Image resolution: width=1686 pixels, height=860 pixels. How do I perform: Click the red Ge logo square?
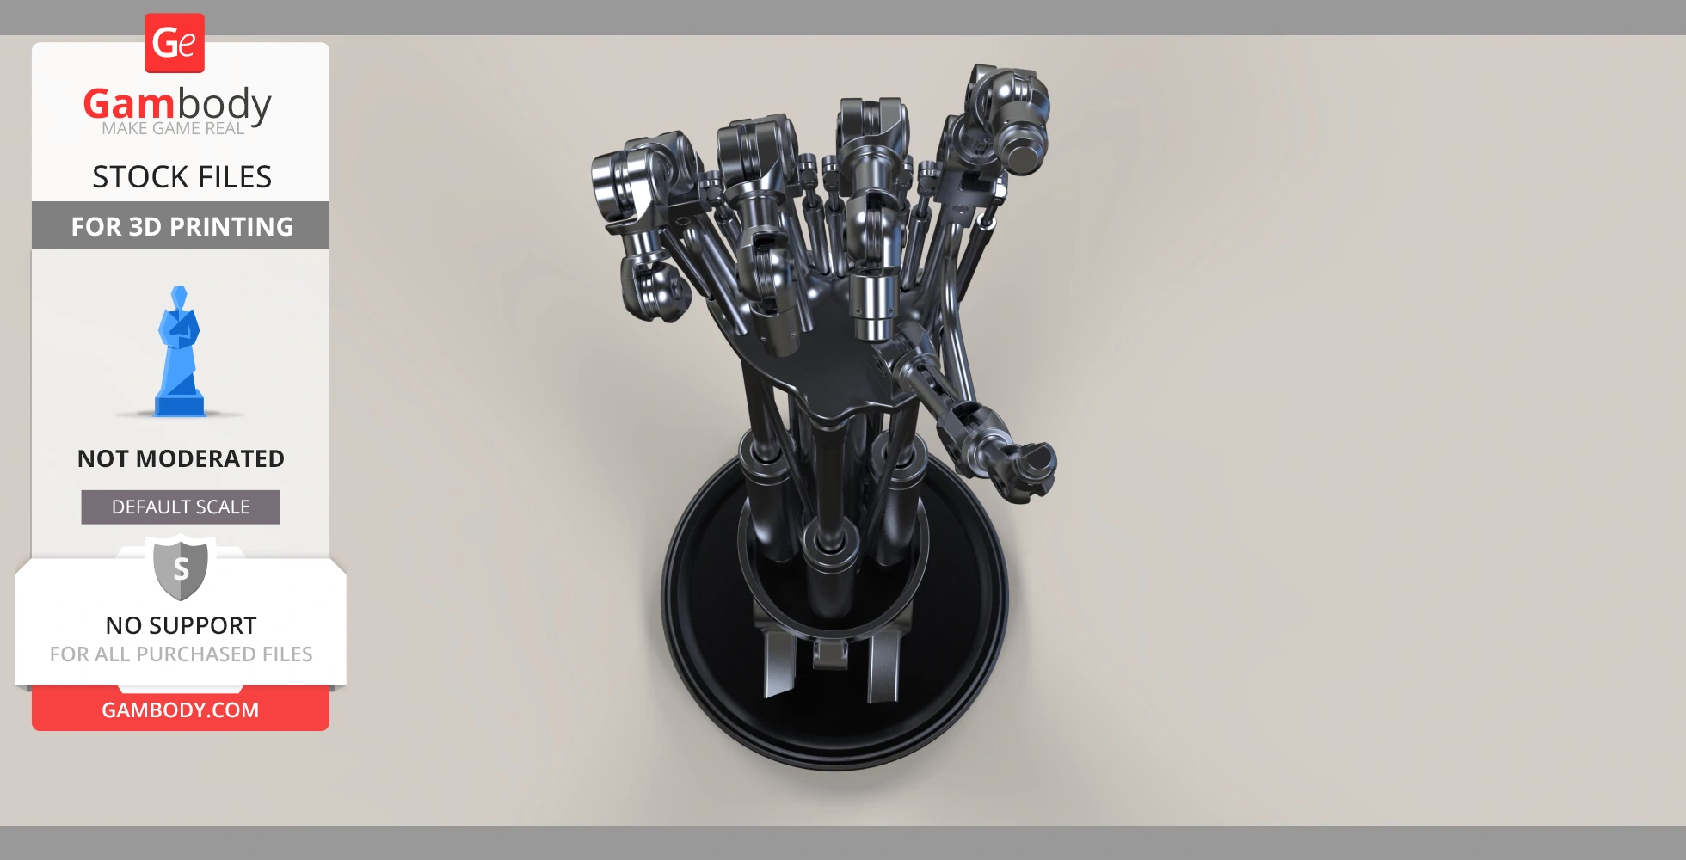pos(175,43)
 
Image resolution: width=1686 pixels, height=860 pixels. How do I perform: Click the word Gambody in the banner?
pos(177,105)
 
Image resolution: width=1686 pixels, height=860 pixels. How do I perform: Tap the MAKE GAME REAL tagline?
pos(173,129)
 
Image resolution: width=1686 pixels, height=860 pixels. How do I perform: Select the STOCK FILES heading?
pos(182,177)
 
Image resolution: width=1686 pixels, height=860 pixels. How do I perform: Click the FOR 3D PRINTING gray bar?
pos(181,225)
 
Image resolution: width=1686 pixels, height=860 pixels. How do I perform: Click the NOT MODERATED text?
pos(181,458)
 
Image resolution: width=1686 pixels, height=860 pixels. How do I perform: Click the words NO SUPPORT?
pos(181,625)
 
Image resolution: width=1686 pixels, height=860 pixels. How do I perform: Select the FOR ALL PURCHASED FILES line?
pos(181,654)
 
